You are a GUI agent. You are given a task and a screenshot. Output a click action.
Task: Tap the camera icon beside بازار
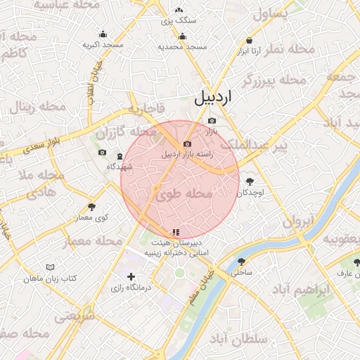[212, 120]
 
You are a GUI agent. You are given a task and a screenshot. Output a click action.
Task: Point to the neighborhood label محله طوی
[182, 193]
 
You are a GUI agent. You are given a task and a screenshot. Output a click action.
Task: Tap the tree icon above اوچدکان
[250, 181]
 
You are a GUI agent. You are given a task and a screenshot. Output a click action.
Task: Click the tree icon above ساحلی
[241, 262]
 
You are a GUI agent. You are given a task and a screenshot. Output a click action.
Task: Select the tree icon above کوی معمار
[92, 207]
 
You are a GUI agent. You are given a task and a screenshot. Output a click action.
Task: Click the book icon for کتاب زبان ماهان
[49, 268]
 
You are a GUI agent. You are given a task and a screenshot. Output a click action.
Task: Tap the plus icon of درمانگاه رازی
[130, 277]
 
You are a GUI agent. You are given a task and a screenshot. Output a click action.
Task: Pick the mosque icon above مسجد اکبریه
[103, 34]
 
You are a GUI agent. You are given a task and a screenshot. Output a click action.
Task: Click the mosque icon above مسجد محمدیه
[182, 37]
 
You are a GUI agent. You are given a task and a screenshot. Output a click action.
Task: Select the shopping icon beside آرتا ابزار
[250, 41]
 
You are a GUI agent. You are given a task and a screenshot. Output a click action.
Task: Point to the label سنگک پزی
[179, 20]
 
